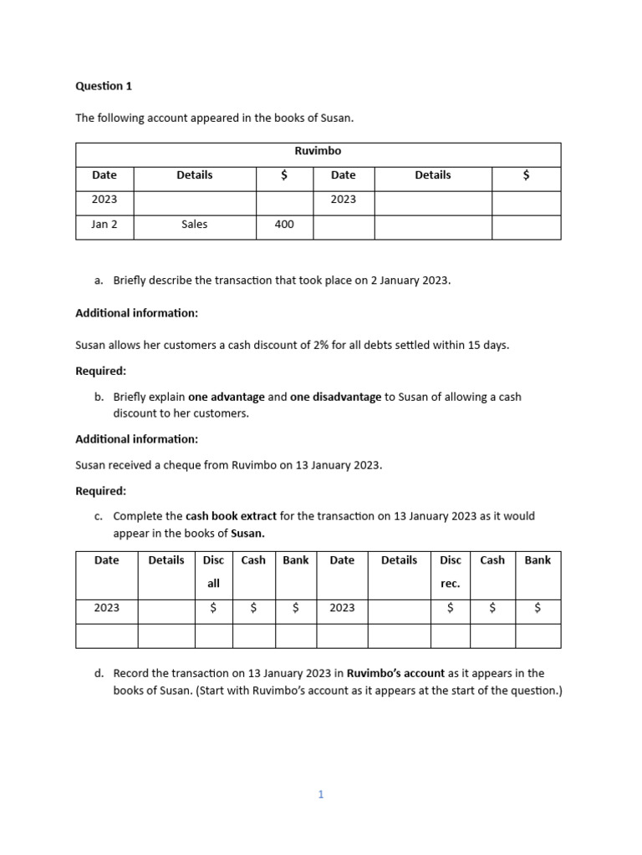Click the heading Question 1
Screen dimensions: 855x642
[104, 86]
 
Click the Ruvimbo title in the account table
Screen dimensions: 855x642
[318, 151]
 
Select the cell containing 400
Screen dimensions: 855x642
[284, 225]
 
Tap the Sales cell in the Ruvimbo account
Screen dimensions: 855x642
[194, 225]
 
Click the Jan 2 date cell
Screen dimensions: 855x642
[104, 225]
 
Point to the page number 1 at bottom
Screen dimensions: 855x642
[321, 795]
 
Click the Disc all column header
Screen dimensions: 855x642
[213, 572]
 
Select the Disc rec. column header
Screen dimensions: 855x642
[450, 572]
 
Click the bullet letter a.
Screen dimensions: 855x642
[99, 281]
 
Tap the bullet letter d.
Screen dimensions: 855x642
[99, 673]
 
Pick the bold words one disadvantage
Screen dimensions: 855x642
[335, 397]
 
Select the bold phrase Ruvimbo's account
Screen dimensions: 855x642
[396, 673]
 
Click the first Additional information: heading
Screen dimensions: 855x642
[137, 313]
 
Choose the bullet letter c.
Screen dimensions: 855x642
[99, 516]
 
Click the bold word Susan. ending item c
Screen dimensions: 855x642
[247, 533]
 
